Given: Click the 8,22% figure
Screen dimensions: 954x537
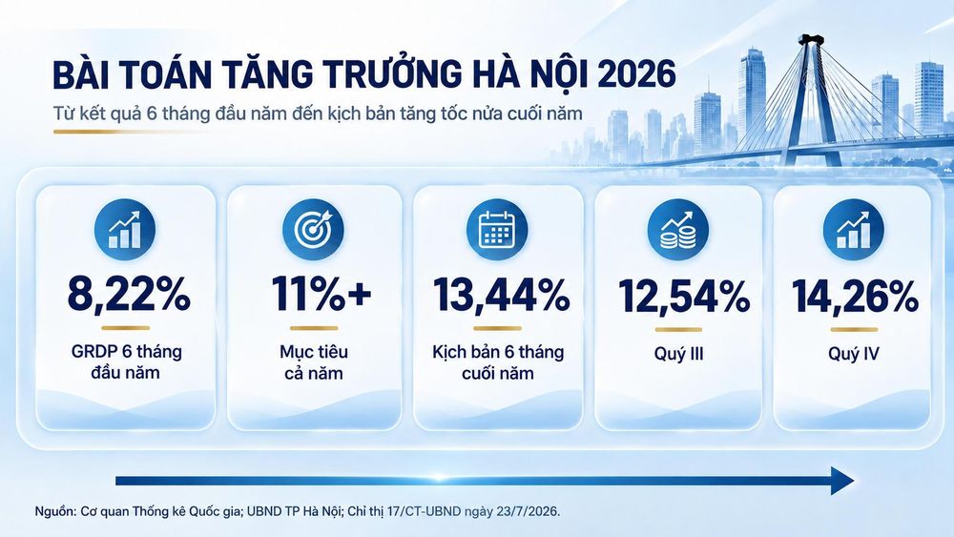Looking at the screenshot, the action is point(129,295).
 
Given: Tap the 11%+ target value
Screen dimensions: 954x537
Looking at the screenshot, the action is point(321,294).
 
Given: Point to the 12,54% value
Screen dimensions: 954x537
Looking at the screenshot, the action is point(684,297).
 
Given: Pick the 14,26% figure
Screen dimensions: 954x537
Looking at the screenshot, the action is point(855,297).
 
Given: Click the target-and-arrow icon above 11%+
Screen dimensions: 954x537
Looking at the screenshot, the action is point(313,230).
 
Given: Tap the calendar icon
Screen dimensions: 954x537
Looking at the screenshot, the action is point(497,230).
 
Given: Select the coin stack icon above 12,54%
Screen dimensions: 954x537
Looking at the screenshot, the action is point(677,230).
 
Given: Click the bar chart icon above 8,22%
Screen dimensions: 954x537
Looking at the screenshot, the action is point(125,230).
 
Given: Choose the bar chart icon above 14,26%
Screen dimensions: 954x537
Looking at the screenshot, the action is point(853,230).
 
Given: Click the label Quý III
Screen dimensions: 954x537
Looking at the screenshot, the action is point(679,354).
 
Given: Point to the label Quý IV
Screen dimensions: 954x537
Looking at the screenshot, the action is point(854,354).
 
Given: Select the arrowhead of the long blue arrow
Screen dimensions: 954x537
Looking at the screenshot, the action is point(842,481).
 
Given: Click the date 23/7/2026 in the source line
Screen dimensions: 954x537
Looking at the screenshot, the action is point(529,511).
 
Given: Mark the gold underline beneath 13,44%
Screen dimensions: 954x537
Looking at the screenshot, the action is point(497,328).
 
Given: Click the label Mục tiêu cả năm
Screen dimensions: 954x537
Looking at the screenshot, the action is point(314,361).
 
